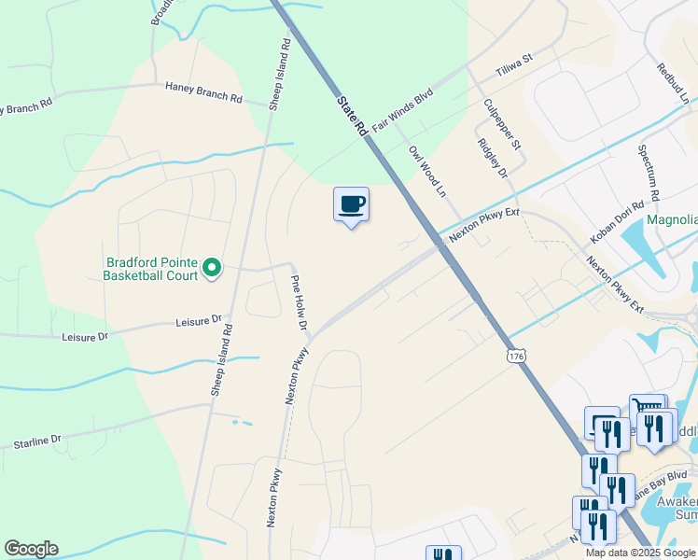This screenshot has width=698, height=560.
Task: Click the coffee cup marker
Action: pyautogui.click(x=351, y=204)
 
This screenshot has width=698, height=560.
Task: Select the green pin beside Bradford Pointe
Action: pyautogui.click(x=212, y=269)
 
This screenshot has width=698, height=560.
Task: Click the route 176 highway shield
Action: pyautogui.click(x=517, y=355)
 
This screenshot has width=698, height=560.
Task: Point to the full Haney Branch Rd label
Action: pyautogui.click(x=203, y=91)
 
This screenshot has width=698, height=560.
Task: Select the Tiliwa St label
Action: pyautogui.click(x=513, y=65)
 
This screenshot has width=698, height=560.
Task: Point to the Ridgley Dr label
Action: pyautogui.click(x=491, y=159)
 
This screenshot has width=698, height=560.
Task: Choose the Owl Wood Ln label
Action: pyautogui.click(x=429, y=171)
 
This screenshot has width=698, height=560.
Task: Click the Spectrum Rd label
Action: pyautogui.click(x=649, y=174)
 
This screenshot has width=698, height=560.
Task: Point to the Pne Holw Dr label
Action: pyautogui.click(x=299, y=303)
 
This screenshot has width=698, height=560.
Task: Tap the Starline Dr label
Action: pyautogui.click(x=37, y=439)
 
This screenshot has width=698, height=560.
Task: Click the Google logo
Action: pyautogui.click(x=30, y=549)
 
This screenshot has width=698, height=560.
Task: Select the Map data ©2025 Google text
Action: pyautogui.click(x=640, y=553)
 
